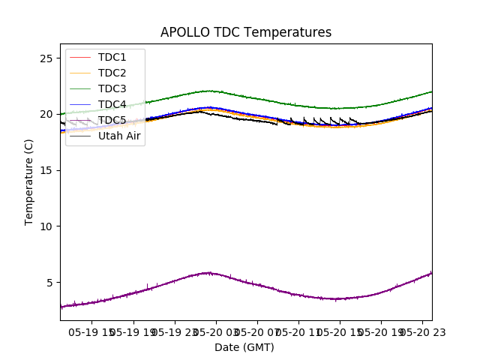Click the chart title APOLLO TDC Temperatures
246,32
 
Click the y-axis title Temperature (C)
29,182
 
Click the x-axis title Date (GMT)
244,347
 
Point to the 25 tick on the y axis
46,58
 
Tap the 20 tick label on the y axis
46,114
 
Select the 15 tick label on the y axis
46,170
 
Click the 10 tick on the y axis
46,226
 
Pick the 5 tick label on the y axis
49,283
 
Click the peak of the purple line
208,272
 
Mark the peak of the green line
208,91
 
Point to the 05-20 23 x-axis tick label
421,331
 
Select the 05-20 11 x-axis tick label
298,331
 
